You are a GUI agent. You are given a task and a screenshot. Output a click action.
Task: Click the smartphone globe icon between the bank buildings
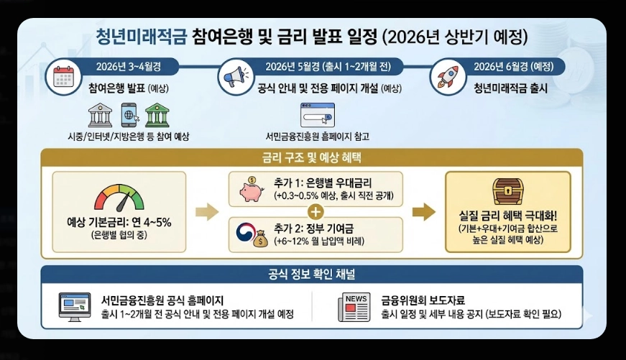[x=130, y=115]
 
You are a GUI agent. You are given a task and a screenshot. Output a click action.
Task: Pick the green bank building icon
[x=157, y=115]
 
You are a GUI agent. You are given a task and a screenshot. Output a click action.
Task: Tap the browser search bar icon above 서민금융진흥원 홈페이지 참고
[x=317, y=115]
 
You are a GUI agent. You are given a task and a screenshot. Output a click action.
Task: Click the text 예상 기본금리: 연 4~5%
[x=119, y=222]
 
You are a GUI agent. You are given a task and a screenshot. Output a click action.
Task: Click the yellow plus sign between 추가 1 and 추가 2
[x=314, y=211]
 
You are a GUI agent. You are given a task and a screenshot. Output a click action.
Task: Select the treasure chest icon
[x=507, y=191]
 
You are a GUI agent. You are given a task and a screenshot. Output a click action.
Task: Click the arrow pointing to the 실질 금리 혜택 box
[x=425, y=211]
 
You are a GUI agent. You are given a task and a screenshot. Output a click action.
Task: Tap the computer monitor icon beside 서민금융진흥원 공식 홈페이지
[x=74, y=306]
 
